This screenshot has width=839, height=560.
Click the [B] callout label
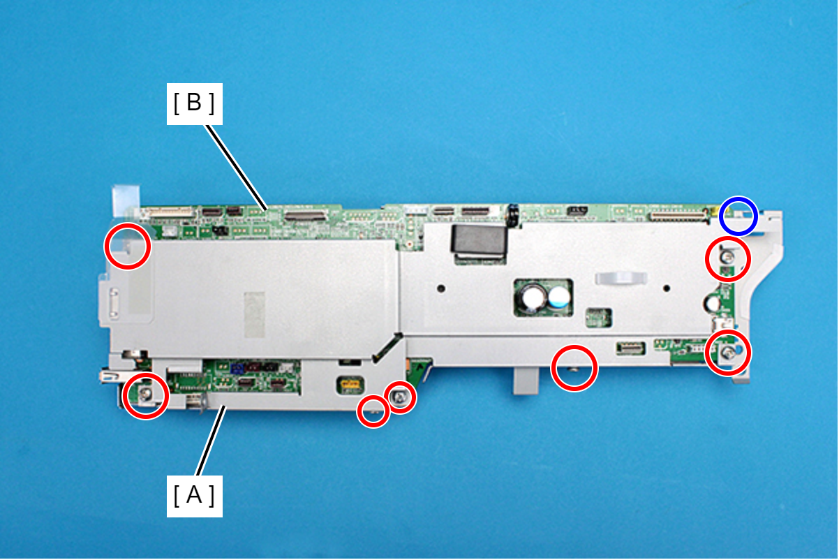tap(194, 104)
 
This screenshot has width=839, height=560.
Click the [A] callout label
tap(194, 496)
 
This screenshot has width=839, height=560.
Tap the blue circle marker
tap(738, 216)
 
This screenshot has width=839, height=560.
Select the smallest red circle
tap(373, 411)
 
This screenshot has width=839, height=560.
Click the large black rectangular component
tap(480, 239)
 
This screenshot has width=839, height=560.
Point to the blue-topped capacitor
tap(559, 297)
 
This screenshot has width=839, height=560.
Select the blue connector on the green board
tap(237, 368)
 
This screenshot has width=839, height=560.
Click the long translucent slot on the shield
tap(621, 279)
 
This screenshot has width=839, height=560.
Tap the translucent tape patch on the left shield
tap(255, 314)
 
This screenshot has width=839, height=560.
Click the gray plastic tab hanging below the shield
tap(526, 381)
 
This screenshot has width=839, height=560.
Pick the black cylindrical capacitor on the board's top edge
tap(513, 215)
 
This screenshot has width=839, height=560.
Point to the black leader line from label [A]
tap(211, 441)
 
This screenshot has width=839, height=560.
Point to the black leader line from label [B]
tap(237, 168)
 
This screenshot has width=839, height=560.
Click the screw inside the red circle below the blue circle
tap(727, 257)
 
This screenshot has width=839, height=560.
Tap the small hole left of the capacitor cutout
tap(441, 288)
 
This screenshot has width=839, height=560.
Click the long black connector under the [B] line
tap(306, 215)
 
